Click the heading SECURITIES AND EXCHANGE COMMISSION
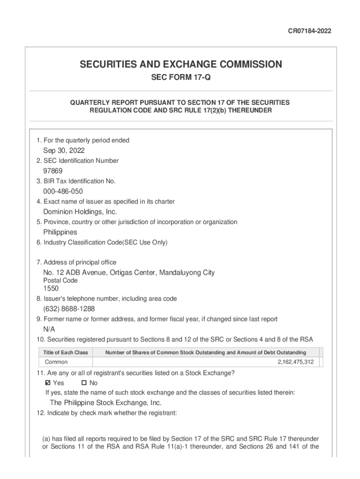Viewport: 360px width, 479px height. click(x=180, y=65)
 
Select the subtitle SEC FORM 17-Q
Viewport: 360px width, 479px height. click(x=180, y=78)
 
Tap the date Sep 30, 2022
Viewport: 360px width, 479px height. click(x=64, y=151)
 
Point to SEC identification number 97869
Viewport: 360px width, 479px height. click(x=53, y=171)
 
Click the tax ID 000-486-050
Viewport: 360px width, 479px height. click(x=63, y=191)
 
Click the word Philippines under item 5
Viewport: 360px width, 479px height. click(x=60, y=232)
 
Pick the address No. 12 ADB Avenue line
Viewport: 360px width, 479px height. click(x=129, y=273)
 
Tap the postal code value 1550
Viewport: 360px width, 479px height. click(x=51, y=289)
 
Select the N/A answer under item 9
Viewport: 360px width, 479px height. click(x=49, y=329)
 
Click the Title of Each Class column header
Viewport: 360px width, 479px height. click(x=65, y=352)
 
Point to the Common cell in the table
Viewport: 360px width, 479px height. click(x=56, y=362)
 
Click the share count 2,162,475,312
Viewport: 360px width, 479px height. click(x=295, y=362)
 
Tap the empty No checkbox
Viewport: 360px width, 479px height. click(x=78, y=383)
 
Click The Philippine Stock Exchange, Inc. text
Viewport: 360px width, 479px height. click(x=106, y=403)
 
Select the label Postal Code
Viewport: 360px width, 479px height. click(x=60, y=281)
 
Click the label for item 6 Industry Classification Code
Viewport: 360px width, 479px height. click(x=102, y=242)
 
